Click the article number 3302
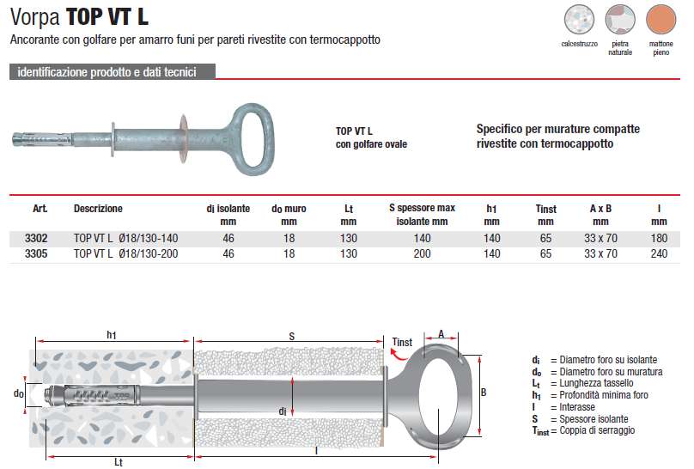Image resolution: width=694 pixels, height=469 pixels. coord(40,239)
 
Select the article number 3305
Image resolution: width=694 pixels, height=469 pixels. coord(40,253)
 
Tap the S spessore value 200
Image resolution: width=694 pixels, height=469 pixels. coord(421,253)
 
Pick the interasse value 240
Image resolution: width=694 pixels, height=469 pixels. coord(659,253)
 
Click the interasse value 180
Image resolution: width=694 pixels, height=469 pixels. coord(659,239)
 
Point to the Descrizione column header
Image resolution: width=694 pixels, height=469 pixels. coord(98,209)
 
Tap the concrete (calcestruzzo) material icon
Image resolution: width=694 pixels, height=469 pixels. coord(579,19)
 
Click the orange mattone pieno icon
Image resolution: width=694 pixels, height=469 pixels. coord(661,19)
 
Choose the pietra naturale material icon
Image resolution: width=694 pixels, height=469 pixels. coord(619,19)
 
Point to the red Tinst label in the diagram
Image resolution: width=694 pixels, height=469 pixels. coord(402,342)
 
